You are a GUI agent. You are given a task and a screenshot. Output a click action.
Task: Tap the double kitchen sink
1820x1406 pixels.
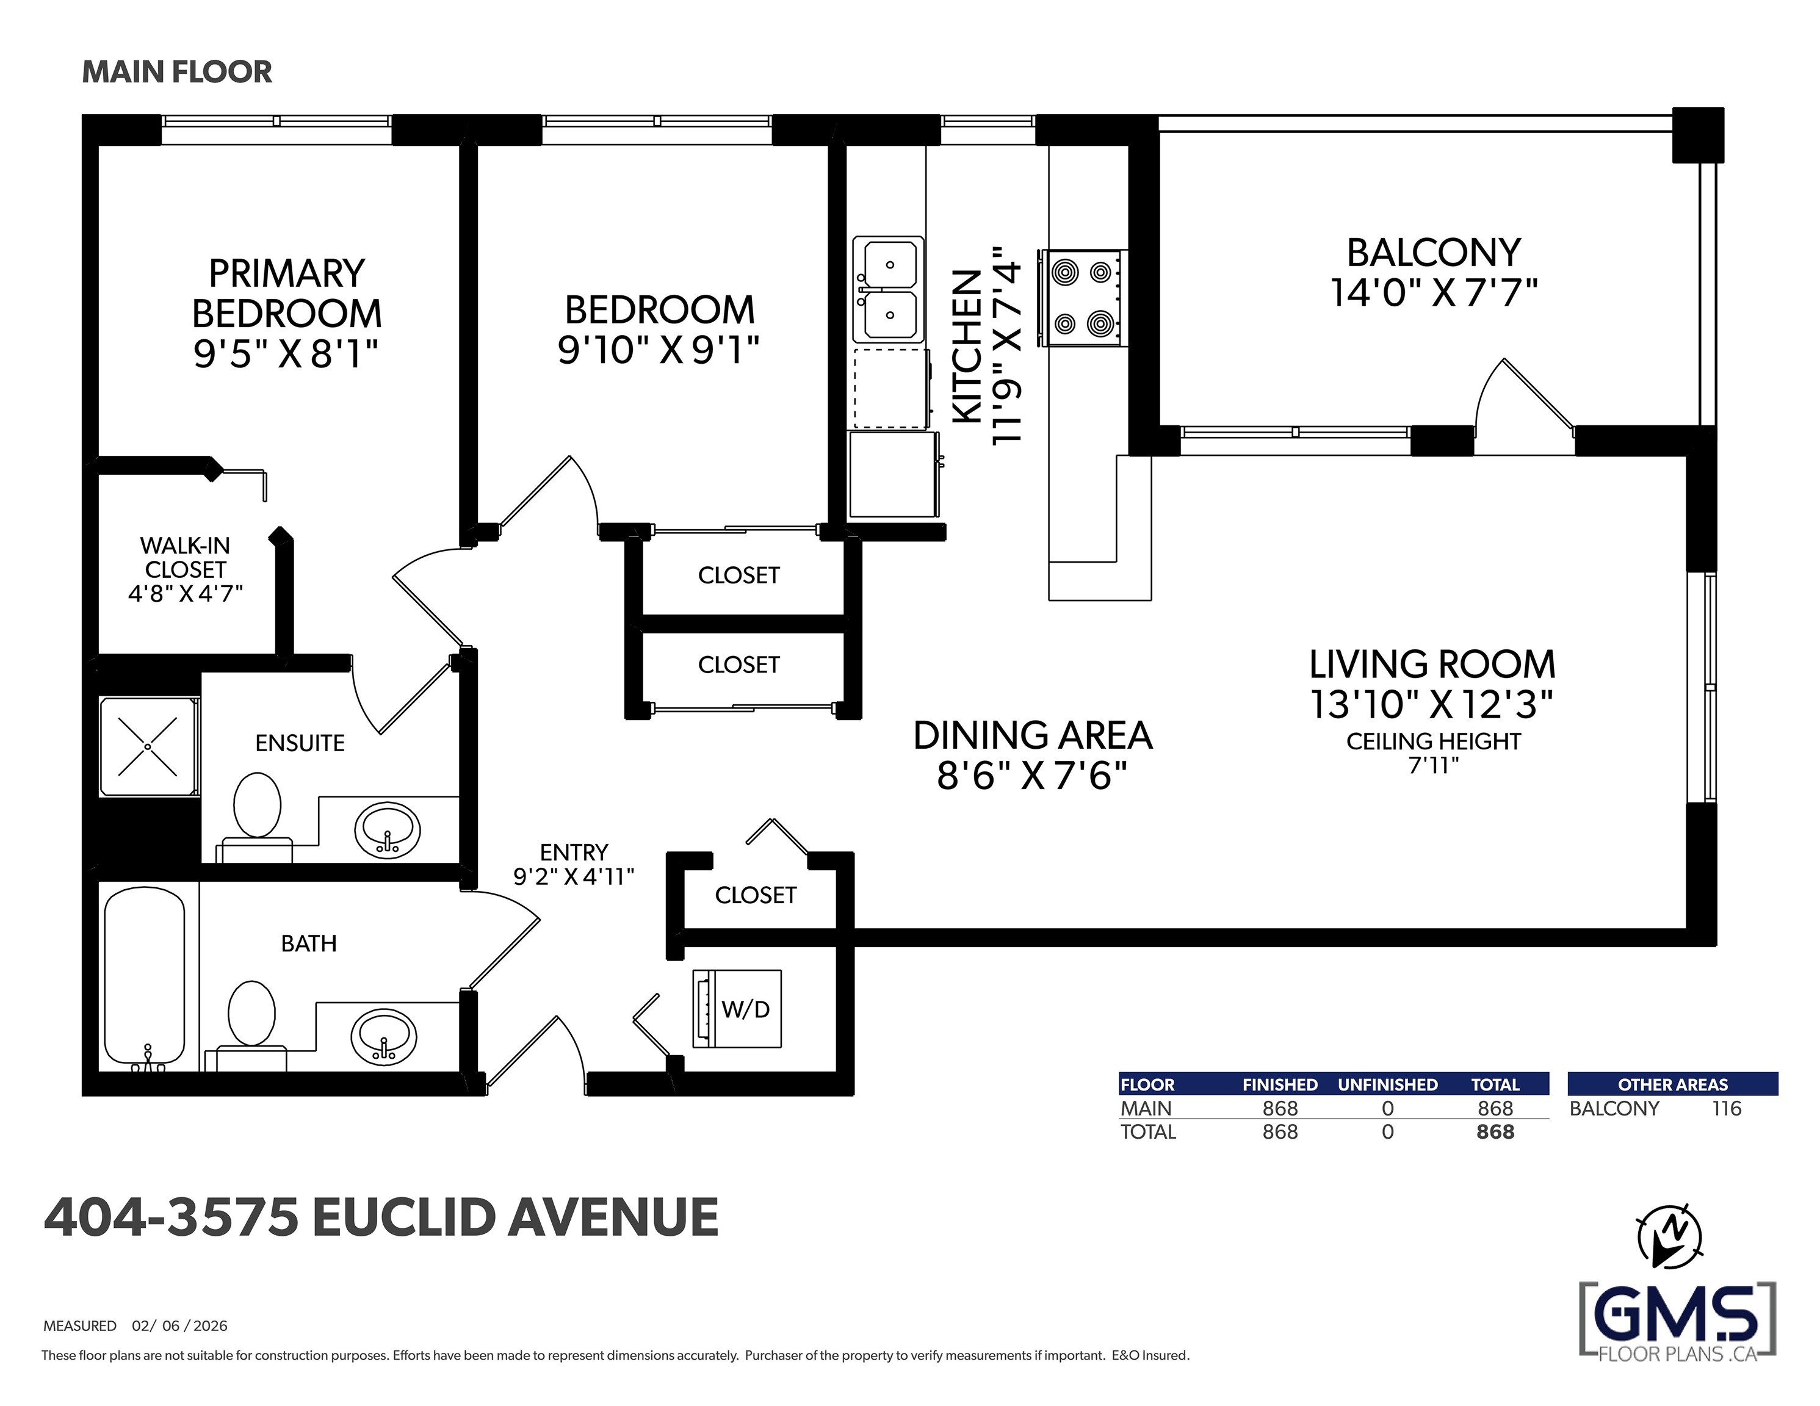pyautogui.click(x=889, y=289)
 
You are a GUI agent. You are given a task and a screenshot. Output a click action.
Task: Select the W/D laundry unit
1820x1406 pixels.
pyautogui.click(x=737, y=1009)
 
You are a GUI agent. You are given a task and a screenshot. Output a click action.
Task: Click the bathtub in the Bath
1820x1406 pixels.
pyautogui.click(x=144, y=978)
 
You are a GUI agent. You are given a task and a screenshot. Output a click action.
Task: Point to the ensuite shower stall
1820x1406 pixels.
pyautogui.click(x=148, y=747)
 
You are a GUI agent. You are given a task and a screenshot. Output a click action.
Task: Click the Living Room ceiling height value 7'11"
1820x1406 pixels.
pyautogui.click(x=1433, y=765)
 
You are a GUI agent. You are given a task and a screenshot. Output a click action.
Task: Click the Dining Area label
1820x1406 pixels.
pyautogui.click(x=1033, y=736)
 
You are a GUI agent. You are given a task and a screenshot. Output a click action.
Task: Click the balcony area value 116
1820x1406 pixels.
pyautogui.click(x=1727, y=1108)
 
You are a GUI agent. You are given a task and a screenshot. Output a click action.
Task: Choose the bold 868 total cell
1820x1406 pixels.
pyautogui.click(x=1495, y=1132)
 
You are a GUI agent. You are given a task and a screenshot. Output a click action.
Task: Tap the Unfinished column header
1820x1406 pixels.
pyautogui.click(x=1387, y=1084)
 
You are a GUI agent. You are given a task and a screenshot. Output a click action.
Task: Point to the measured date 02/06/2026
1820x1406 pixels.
pyautogui.click(x=179, y=1326)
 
